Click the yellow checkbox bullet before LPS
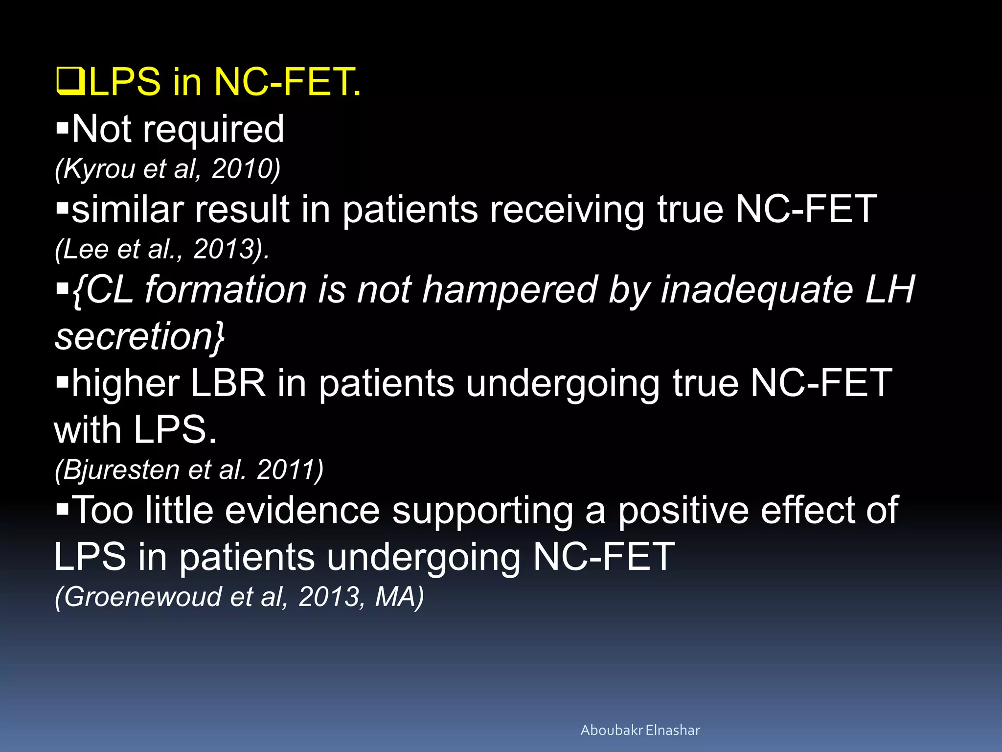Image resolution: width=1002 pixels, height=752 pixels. tap(71, 81)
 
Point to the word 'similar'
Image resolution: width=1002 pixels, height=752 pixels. tap(127, 210)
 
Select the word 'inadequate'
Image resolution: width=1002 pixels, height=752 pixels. tap(756, 290)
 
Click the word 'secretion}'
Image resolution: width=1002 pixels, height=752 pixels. tap(139, 337)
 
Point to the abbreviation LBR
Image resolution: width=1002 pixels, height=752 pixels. tap(228, 383)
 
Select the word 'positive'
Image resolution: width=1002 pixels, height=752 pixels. tap(683, 511)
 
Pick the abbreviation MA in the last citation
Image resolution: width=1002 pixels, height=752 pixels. tap(394, 597)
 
